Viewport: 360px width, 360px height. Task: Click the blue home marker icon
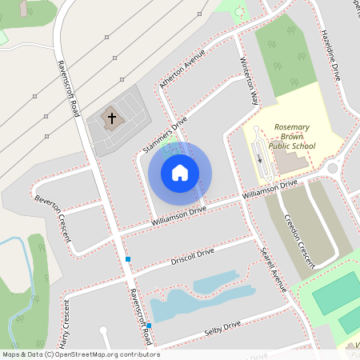point(180,172)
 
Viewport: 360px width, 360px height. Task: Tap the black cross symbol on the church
point(112,119)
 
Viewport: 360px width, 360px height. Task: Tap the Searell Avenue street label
point(273,267)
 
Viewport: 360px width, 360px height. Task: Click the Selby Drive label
point(222,327)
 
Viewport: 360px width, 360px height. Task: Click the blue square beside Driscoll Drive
point(127,259)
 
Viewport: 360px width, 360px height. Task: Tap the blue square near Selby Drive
point(149,325)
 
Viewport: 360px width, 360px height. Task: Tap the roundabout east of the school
point(333,169)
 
